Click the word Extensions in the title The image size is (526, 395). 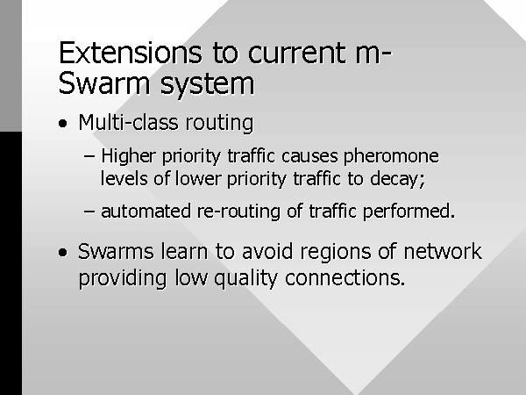pyautogui.click(x=131, y=53)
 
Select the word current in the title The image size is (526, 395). pyautogui.click(x=296, y=54)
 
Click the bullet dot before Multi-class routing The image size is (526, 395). pyautogui.click(x=63, y=123)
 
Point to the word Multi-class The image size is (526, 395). pyautogui.click(x=128, y=122)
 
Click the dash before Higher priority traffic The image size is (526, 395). pyautogui.click(x=89, y=156)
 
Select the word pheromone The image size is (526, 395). pyautogui.click(x=391, y=157)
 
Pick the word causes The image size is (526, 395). pyautogui.click(x=309, y=157)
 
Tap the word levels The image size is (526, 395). pyautogui.click(x=124, y=178)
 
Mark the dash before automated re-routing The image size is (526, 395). pyautogui.click(x=89, y=212)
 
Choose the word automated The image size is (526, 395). pyautogui.click(x=146, y=212)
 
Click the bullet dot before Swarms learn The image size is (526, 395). pyautogui.click(x=63, y=252)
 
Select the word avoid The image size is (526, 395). pyautogui.click(x=267, y=252)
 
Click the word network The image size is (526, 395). pyautogui.click(x=443, y=252)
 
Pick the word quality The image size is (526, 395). pyautogui.click(x=245, y=279)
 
